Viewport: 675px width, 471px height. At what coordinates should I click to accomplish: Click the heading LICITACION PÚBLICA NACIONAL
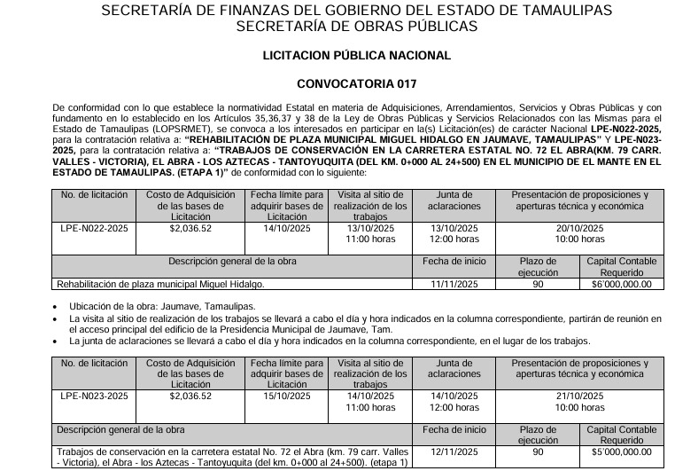pos(357,55)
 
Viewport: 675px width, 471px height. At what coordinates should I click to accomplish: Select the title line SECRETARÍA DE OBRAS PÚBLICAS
pos(357,26)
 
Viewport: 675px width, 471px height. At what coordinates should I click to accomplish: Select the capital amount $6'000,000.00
pos(621,284)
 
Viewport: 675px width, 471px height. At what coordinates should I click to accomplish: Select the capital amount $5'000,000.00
pos(621,451)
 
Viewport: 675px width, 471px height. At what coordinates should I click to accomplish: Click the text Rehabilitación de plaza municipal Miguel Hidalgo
pos(160,284)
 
